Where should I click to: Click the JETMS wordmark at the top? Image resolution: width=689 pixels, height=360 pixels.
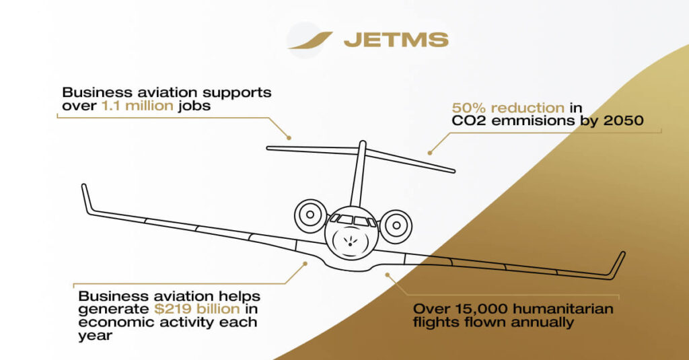coord(396,40)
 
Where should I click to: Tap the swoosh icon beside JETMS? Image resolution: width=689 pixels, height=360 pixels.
coord(310,40)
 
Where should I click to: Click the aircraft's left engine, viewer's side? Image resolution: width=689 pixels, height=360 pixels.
coord(310,215)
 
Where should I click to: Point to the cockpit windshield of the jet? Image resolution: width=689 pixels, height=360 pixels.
coord(353,220)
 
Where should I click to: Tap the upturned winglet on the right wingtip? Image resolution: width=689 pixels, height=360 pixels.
coord(617,264)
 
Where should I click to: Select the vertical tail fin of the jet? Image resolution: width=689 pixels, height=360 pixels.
coord(359,172)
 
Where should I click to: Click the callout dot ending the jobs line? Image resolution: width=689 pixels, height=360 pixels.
coord(289,137)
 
